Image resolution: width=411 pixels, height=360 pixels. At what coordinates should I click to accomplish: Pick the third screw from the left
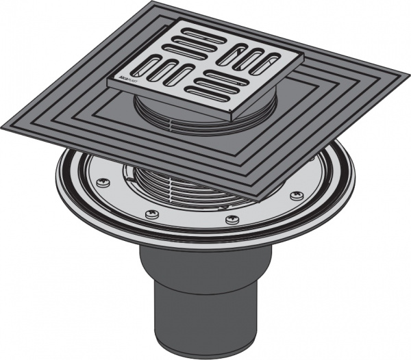pyautogui.click(x=230, y=220)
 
